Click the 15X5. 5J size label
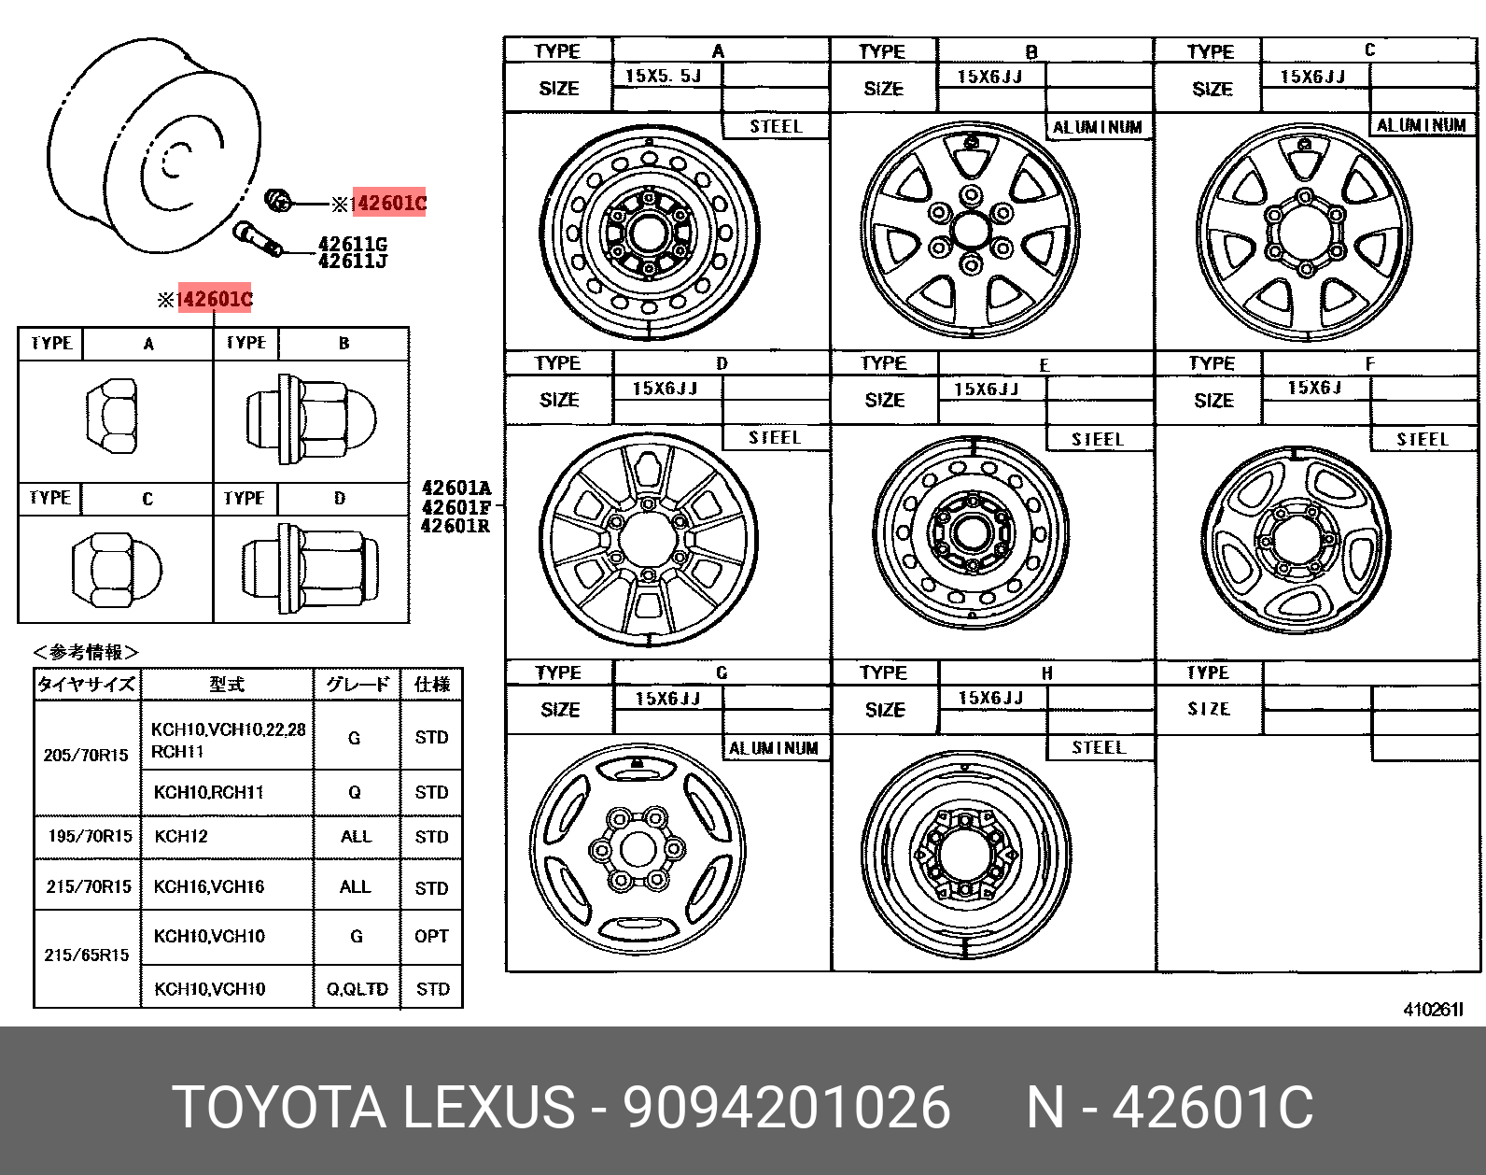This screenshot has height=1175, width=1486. [x=663, y=76]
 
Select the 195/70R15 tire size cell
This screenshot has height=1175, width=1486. [x=90, y=836]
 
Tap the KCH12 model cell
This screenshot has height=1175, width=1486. [x=181, y=836]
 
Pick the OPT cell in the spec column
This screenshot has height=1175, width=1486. [x=431, y=936]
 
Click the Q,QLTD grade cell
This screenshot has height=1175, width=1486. [x=357, y=989]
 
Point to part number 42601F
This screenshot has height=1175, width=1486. [x=456, y=507]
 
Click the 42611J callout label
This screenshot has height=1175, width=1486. [x=353, y=262]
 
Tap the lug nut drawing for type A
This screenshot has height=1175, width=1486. [x=111, y=416]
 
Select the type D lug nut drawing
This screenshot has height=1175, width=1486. [x=310, y=568]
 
